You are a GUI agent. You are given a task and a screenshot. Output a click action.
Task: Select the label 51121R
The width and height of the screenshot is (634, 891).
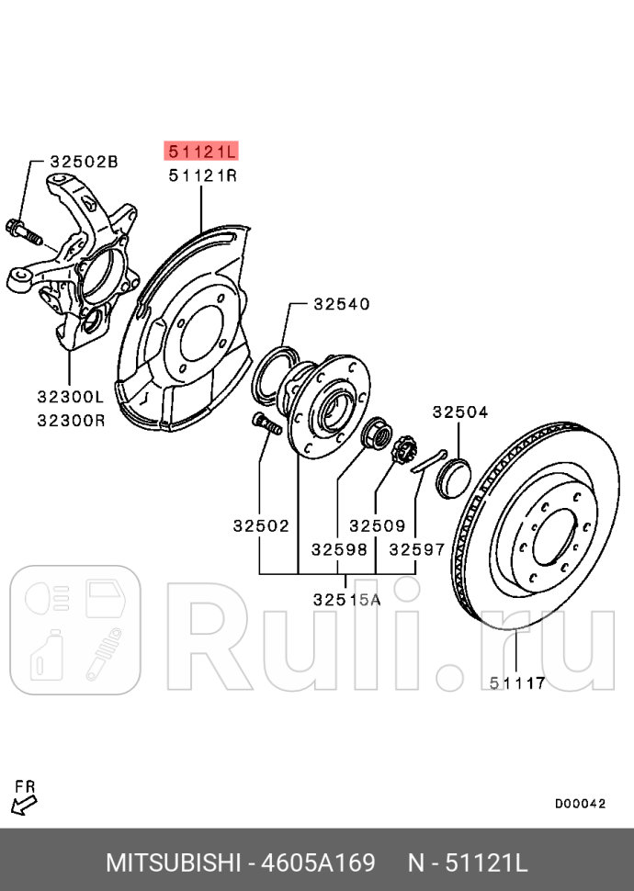tap(200, 175)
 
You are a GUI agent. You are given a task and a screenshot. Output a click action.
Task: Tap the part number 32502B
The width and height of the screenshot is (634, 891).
tap(84, 162)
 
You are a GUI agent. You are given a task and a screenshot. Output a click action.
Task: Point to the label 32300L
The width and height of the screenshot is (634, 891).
tap(71, 397)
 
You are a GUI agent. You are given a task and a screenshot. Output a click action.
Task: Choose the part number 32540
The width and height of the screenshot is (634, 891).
tap(341, 303)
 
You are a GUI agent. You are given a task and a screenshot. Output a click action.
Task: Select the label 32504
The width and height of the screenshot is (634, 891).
tap(460, 412)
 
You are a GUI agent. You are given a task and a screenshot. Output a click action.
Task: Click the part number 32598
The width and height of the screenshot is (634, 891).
tap(338, 549)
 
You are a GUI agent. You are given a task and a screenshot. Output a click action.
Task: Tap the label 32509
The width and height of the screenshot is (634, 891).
tap(377, 526)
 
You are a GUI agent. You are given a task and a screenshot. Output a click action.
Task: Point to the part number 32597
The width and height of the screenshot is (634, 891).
tap(416, 549)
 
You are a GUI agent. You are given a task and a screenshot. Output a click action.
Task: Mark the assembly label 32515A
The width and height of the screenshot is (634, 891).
tap(346, 599)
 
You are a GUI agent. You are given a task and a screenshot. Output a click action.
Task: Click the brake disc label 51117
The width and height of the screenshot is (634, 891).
tap(517, 682)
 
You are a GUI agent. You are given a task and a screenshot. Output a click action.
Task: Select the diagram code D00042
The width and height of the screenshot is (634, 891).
tap(580, 803)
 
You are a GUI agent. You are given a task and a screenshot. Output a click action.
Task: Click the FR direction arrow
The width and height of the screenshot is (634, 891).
tap(24, 804)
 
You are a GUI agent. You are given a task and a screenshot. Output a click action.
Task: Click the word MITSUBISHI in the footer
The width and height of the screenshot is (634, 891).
tap(173, 863)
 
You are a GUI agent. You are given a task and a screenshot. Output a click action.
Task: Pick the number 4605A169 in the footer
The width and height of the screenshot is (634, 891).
tap(318, 863)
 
